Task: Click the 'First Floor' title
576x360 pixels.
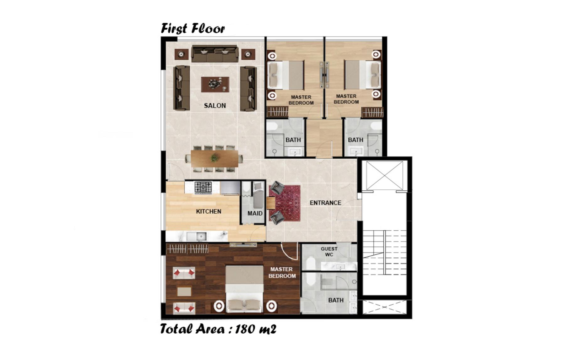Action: [x=193, y=28]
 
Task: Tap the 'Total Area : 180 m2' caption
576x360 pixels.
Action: [x=218, y=329]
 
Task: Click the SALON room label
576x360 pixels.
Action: [x=215, y=106]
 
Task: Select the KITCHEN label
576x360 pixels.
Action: [x=209, y=211]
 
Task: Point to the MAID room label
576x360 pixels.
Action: [x=255, y=213]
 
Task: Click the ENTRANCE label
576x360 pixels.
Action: [x=325, y=203]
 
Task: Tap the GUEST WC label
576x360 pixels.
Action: [x=329, y=252]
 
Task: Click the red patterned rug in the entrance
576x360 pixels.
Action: [x=285, y=203]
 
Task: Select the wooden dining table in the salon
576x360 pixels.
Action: [x=215, y=159]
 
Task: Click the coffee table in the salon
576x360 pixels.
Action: [x=215, y=84]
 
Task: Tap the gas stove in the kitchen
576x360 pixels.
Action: [x=203, y=187]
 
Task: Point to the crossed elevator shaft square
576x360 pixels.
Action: [x=384, y=175]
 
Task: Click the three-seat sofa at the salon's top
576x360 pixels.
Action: [x=215, y=54]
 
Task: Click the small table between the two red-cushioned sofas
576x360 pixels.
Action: [x=184, y=291]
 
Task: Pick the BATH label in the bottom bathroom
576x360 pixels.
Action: [x=336, y=300]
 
